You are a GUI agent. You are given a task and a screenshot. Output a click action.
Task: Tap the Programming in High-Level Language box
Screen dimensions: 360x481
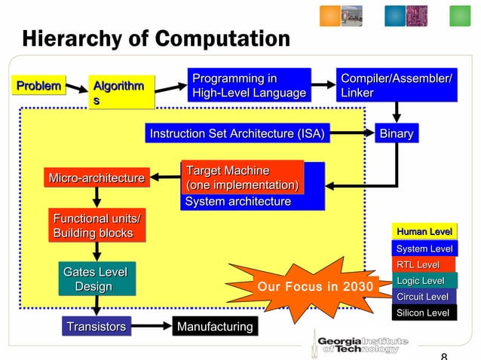250,86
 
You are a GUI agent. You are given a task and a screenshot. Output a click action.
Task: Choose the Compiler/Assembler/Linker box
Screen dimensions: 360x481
397,86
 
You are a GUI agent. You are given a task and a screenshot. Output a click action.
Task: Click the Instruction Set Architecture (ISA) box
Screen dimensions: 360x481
237,134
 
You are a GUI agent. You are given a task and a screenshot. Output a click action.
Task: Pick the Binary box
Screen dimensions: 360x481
397,134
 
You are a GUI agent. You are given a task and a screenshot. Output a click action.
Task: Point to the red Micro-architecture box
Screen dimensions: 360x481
97,178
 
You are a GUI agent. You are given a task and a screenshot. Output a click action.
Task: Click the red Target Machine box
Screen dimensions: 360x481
242,178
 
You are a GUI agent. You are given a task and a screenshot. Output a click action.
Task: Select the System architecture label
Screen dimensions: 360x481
238,202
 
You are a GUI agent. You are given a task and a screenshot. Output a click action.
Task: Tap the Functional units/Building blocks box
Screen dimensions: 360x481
96,226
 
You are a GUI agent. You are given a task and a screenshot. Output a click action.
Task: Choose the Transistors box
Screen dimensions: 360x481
97,326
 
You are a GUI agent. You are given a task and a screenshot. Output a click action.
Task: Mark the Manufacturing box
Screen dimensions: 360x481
215,326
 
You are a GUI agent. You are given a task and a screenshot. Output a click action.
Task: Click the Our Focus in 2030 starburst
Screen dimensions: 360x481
315,287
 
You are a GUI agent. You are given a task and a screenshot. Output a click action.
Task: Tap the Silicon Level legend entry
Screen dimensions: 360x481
423,313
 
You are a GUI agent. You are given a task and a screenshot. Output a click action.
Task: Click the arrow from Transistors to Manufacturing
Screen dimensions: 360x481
150,326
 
